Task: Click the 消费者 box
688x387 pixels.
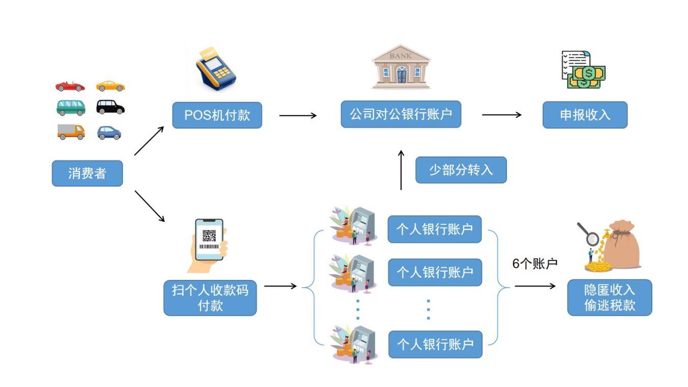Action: point(87,173)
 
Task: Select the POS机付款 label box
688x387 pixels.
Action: point(217,115)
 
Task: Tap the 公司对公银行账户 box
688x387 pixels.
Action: point(400,114)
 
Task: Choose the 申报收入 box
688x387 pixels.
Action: point(584,115)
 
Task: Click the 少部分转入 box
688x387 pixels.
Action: point(461,170)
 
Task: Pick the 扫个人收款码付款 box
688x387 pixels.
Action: point(210,298)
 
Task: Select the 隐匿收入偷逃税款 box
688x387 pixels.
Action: point(609,297)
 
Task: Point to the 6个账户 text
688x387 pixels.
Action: point(534,264)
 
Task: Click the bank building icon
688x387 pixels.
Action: point(401,67)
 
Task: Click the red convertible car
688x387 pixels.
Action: point(70,86)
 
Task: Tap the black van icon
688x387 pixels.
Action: point(110,107)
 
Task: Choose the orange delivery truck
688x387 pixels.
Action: point(71,132)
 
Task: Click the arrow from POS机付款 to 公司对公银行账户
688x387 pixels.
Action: point(298,115)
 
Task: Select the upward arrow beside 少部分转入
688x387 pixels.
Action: point(401,170)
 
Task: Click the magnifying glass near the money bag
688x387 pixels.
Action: point(589,235)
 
